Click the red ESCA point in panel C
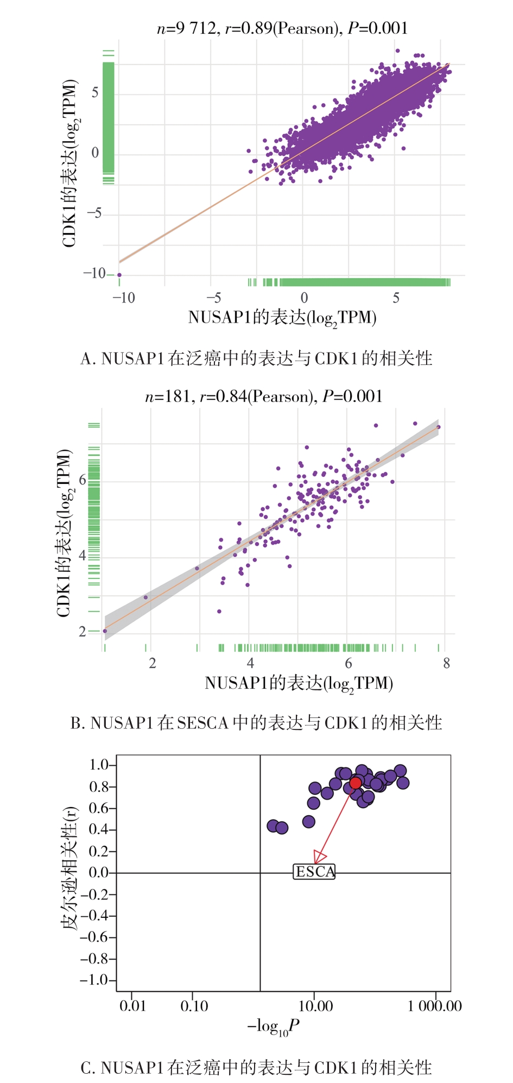tap(355, 783)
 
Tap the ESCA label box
tap(314, 872)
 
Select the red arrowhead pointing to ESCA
tap(319, 857)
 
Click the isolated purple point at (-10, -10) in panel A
tap(119, 275)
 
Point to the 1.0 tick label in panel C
tap(99, 765)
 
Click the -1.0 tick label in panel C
tap(94, 980)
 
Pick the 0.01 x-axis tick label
tap(133, 1006)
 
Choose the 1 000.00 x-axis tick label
tap(434, 1006)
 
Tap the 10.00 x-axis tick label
tap(316, 1006)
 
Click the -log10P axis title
tap(274, 1026)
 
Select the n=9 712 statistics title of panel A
tap(282, 28)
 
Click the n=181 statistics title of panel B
tap(264, 396)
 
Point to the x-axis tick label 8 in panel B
tap(446, 663)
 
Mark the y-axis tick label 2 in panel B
tap(83, 631)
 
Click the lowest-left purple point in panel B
tap(105, 631)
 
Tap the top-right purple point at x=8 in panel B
tap(439, 427)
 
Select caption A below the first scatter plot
tap(256, 358)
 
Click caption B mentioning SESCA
tap(256, 723)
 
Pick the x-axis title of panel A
tap(282, 318)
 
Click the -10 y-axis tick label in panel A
tap(94, 273)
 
